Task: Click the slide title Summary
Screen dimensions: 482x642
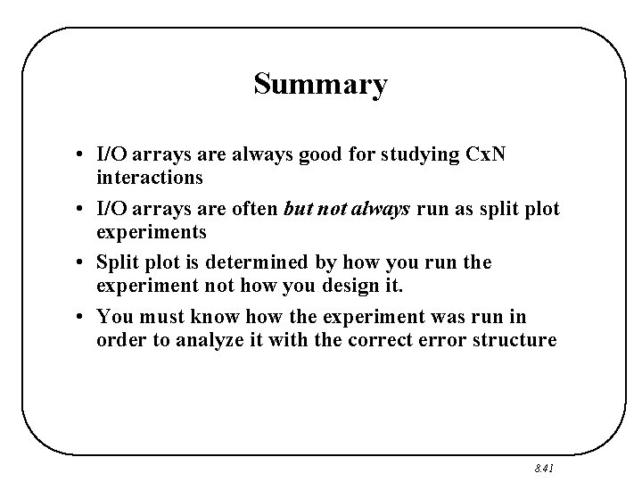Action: [x=320, y=84]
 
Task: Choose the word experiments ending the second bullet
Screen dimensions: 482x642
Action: [x=152, y=231]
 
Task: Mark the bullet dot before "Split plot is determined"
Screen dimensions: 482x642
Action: [x=81, y=262]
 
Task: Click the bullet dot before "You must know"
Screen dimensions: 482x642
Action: [x=81, y=316]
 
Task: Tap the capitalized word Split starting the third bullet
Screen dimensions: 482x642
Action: [x=117, y=262]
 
